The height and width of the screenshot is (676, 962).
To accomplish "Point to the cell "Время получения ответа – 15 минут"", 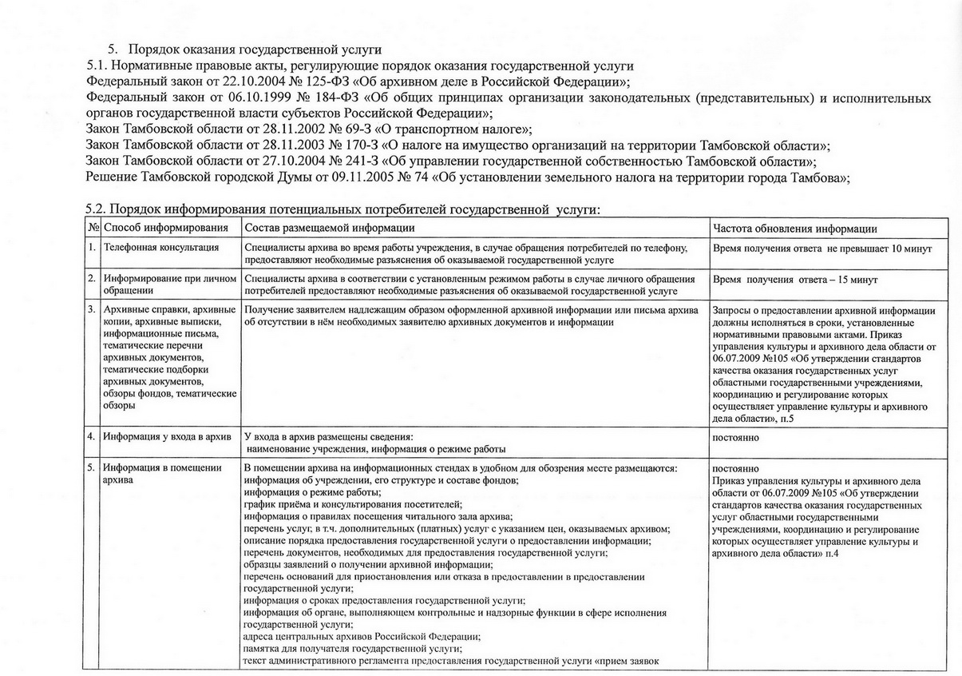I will coord(794,280).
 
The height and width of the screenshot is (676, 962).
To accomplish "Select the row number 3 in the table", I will coord(92,308).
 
